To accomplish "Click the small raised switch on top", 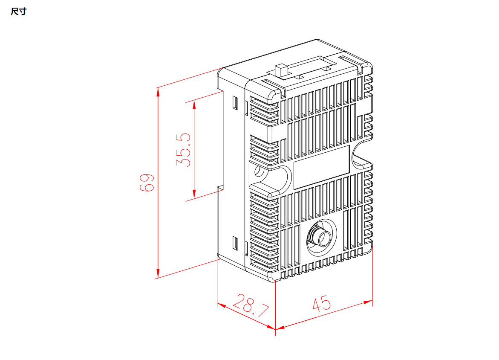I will coord(281,71).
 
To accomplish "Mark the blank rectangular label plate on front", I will coord(322,167).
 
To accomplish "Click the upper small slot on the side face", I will coord(235,103).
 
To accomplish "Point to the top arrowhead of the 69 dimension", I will coord(158,91).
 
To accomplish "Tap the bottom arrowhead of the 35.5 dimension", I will coord(194,196).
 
